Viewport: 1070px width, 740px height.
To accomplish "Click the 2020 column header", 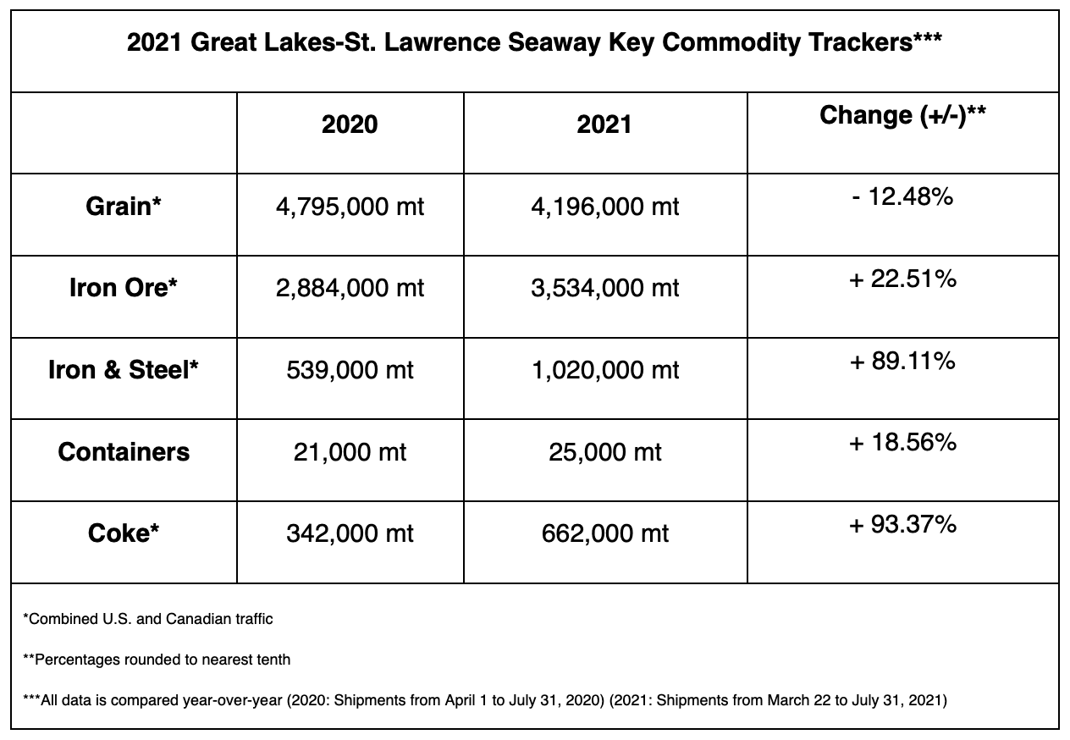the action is [350, 124].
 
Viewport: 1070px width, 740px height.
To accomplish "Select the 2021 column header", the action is [604, 124].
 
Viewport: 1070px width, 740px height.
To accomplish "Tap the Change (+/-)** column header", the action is [902, 116].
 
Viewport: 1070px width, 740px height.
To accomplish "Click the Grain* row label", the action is [124, 207].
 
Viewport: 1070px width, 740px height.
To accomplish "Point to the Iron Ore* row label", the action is [124, 288].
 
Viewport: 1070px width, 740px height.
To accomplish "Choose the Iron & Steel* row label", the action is [124, 370].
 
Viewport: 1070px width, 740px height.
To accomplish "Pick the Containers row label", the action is [124, 452].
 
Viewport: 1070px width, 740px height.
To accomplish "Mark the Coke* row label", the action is [124, 533].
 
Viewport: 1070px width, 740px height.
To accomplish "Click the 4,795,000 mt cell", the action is [350, 207].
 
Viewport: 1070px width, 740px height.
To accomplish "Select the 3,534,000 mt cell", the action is [604, 289].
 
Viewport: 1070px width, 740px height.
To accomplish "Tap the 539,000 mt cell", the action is [350, 370].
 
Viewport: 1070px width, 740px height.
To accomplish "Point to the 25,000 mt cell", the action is [604, 452].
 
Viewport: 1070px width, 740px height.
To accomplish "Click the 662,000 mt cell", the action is [604, 533].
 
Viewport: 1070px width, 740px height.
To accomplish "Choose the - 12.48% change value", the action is [902, 196].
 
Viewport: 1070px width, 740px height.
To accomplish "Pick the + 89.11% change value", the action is [902, 361].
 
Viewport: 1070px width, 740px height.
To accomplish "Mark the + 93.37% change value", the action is [902, 525].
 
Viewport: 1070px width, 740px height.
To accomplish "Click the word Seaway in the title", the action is [554, 43].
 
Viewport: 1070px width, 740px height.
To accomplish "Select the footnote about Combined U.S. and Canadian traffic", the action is [148, 619].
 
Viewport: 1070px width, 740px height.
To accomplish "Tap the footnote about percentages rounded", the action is [157, 660].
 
